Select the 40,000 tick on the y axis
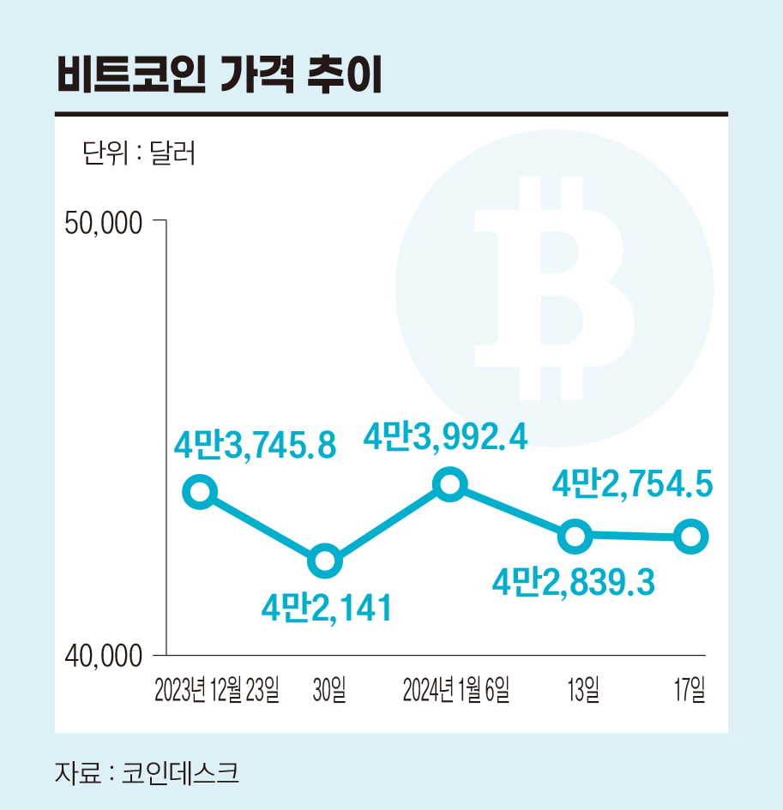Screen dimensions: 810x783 click(102, 656)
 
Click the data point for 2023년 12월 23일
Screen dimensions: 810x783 click(200, 492)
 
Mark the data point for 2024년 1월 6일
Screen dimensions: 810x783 click(450, 485)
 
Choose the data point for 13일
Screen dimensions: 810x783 click(575, 537)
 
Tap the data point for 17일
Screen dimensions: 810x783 click(690, 537)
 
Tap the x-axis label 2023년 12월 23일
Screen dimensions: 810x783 click(217, 690)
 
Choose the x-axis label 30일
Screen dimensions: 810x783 click(330, 690)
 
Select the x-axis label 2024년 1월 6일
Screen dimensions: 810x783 click(456, 690)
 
